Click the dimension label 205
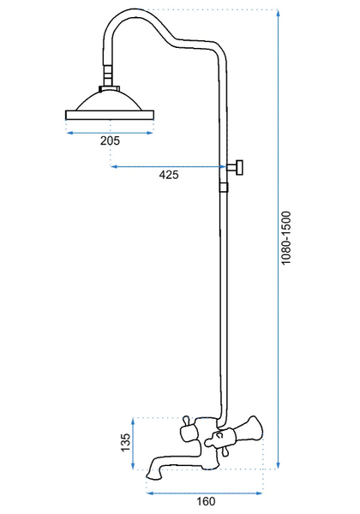coord(110,141)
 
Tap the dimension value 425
coord(169,175)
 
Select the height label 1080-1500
coord(286,238)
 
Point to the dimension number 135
coord(126,443)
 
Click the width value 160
coord(206,501)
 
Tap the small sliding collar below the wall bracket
coord(223,187)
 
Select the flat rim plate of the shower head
coord(110,115)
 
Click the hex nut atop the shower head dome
coord(110,88)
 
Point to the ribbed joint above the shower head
coord(107,75)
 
